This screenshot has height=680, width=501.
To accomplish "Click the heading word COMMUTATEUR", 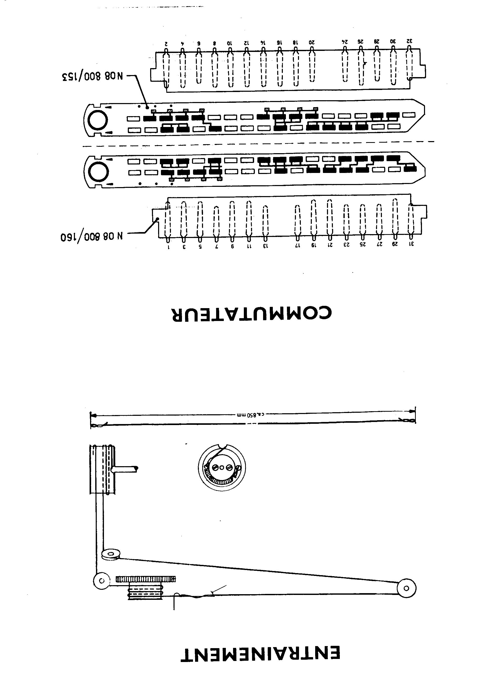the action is point(252,313).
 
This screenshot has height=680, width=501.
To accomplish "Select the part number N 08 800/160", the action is point(92,236).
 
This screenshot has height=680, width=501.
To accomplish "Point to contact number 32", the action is point(409,41).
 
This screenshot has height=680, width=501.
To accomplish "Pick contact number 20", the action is point(312,42).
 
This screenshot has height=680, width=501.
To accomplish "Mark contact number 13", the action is point(266,246).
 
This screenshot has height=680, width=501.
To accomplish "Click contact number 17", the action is point(298,245).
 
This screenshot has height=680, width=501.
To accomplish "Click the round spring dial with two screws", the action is point(222,468).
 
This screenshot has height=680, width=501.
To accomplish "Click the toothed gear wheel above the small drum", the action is point(146,579).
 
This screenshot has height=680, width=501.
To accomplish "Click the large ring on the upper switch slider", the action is point(98,120).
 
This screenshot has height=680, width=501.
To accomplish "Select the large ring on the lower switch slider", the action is point(98,172).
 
